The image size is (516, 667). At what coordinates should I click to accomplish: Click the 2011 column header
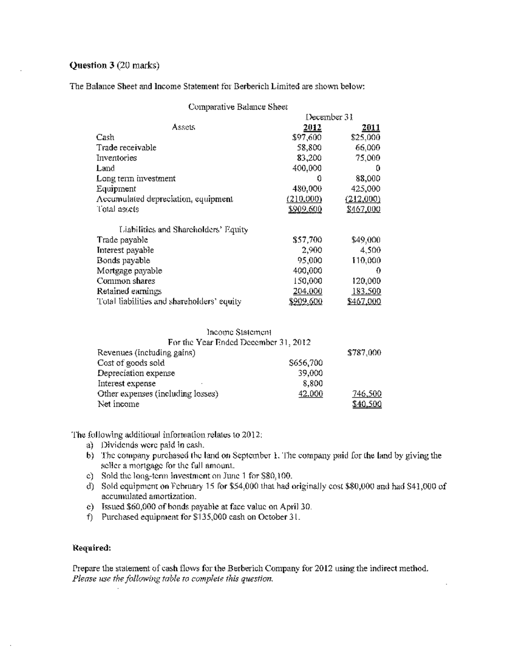[x=371, y=127]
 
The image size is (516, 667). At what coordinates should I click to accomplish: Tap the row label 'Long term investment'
[x=136, y=178]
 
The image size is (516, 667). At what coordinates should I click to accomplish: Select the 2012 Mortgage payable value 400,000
[x=307, y=271]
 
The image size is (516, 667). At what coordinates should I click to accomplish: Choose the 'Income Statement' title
[x=239, y=332]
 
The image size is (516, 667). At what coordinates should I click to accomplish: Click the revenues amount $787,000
[x=364, y=353]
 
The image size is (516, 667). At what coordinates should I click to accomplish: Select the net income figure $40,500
[x=367, y=404]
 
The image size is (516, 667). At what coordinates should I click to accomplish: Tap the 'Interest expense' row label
[x=126, y=384]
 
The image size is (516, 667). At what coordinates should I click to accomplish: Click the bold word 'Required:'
[x=92, y=548]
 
